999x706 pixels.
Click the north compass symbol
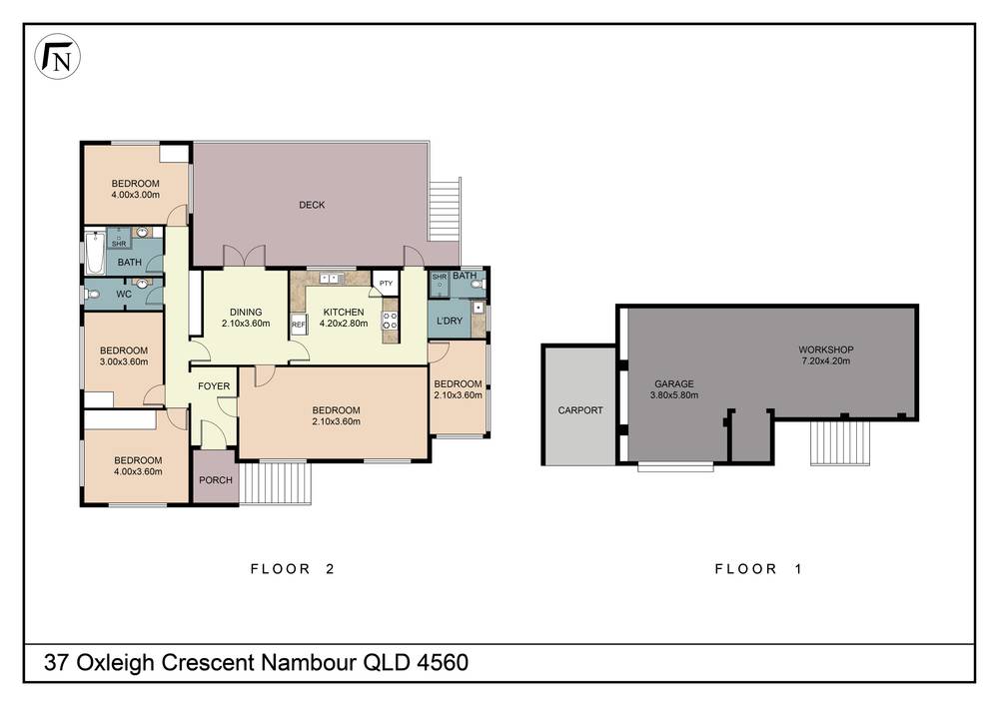[57, 59]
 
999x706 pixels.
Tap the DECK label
[312, 205]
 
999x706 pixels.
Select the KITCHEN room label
[342, 312]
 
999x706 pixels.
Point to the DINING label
[246, 312]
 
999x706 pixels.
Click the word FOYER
[214, 385]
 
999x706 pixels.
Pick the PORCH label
[216, 480]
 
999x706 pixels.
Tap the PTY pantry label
[386, 284]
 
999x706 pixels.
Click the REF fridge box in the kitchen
[298, 326]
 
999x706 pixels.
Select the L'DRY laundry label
[449, 321]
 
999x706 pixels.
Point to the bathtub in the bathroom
[95, 254]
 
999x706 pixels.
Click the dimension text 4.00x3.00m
[135, 196]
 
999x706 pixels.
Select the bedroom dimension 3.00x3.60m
[124, 362]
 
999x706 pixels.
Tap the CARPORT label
[579, 410]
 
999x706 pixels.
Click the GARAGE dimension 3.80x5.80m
[675, 395]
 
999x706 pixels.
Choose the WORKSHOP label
[825, 350]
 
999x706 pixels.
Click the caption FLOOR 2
[291, 569]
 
